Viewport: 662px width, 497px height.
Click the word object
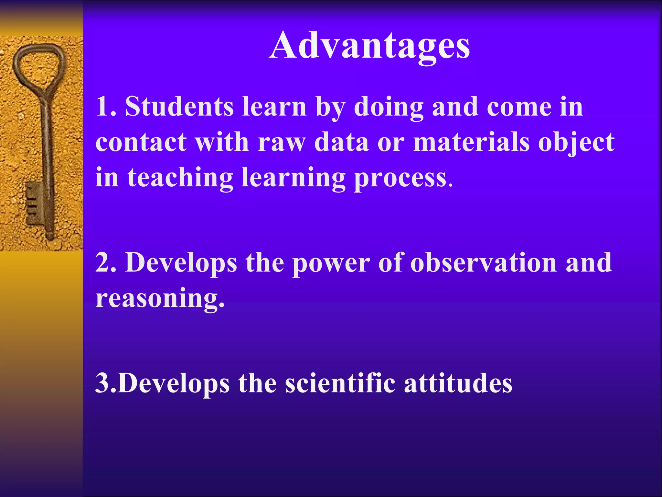click(x=576, y=142)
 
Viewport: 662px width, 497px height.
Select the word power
click(x=331, y=263)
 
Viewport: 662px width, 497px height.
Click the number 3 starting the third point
click(x=103, y=383)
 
